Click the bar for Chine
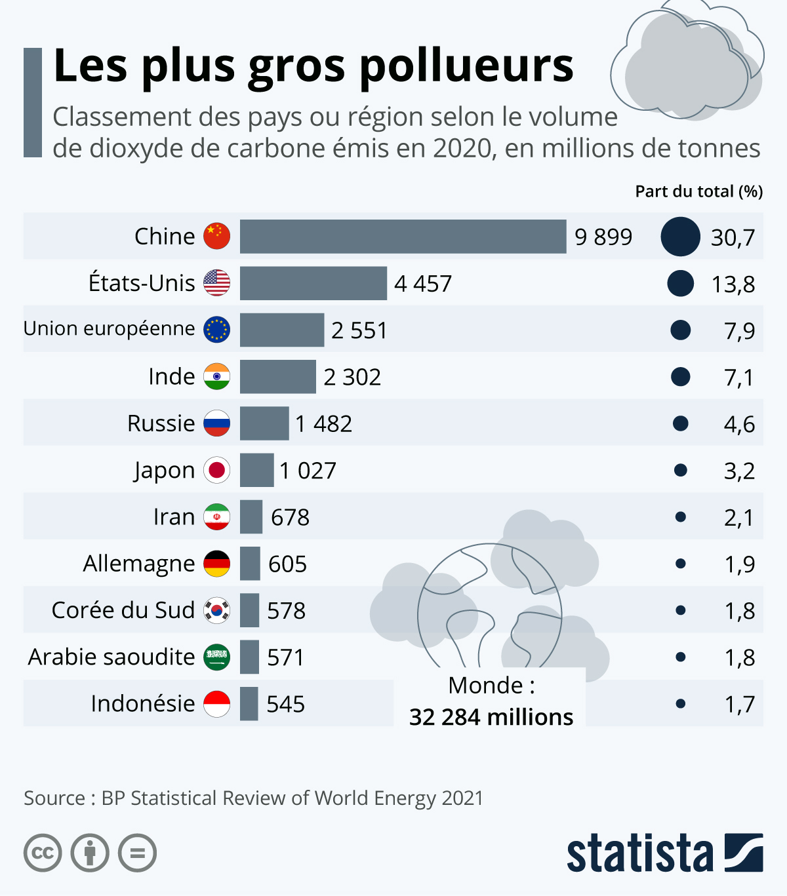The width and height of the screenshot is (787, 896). [403, 237]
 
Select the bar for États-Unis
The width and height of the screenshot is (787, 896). [313, 283]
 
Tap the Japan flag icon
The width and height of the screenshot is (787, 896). [216, 470]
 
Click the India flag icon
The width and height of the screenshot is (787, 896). [216, 377]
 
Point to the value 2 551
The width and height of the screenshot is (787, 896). [359, 330]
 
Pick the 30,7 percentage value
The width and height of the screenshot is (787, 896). [733, 237]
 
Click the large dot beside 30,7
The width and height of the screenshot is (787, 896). [680, 237]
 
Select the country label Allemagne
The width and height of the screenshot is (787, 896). [139, 564]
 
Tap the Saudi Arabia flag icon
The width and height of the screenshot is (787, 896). [216, 657]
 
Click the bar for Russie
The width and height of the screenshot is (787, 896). [264, 423]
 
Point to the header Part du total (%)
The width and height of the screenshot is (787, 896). [698, 191]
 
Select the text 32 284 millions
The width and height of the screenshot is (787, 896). [491, 717]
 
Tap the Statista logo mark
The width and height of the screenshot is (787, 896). [744, 853]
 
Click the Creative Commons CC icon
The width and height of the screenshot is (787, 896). [43, 853]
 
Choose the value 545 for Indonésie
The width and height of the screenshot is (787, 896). [285, 704]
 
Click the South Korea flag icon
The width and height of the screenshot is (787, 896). [216, 610]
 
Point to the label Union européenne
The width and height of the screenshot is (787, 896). [110, 328]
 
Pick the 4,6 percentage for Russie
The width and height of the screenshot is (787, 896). [739, 424]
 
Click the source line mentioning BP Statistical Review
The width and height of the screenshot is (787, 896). [253, 798]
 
